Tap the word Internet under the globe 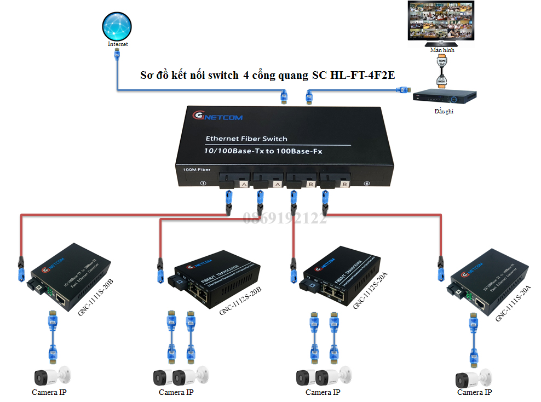click(x=118, y=44)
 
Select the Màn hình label click(x=442, y=50)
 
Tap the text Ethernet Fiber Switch click(x=246, y=139)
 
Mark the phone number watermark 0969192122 click(x=285, y=219)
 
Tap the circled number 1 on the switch click(x=203, y=183)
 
